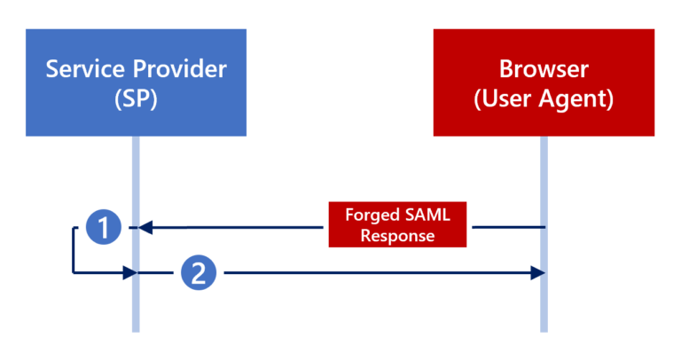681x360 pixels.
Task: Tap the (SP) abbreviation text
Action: click(136, 98)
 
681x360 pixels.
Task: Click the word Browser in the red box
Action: click(544, 68)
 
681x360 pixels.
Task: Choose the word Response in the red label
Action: click(398, 237)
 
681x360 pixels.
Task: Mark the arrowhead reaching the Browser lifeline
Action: click(536, 274)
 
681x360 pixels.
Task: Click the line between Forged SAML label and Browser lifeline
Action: click(506, 228)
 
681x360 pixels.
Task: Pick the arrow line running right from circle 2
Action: click(372, 274)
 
